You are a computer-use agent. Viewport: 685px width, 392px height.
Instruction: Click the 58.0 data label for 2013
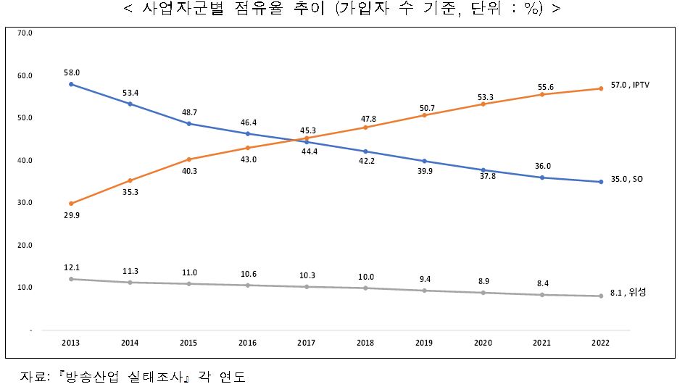pyautogui.click(x=71, y=72)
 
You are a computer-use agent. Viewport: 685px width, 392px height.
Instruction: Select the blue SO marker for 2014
pyautogui.click(x=130, y=104)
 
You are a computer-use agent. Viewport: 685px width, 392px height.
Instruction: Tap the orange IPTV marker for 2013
pyautogui.click(x=71, y=204)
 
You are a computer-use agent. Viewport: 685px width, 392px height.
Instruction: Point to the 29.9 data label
pyautogui.click(x=71, y=216)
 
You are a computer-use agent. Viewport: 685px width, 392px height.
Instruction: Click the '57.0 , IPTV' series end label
pyautogui.click(x=630, y=85)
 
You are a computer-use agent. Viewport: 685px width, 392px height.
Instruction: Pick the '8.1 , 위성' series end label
pyautogui.click(x=627, y=292)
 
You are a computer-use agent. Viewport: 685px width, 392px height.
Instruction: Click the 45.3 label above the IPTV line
pyautogui.click(x=307, y=130)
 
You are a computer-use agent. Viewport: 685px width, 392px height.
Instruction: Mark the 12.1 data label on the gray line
pyautogui.click(x=71, y=267)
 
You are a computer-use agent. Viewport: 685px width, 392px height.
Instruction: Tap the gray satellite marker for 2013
pyautogui.click(x=71, y=279)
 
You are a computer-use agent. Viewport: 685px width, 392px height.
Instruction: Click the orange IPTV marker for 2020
pyautogui.click(x=483, y=104)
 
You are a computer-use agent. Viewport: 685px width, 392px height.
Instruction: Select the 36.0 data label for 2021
pyautogui.click(x=542, y=165)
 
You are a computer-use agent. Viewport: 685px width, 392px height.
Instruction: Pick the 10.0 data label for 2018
pyautogui.click(x=366, y=277)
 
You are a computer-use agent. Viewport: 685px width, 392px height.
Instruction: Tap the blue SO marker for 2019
pyautogui.click(x=425, y=161)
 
